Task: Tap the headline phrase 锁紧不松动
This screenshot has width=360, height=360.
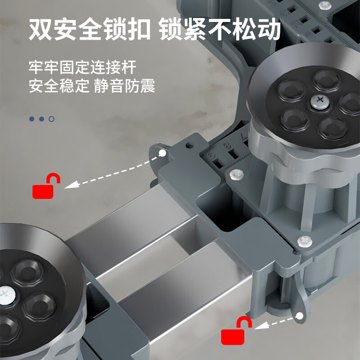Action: (220, 30)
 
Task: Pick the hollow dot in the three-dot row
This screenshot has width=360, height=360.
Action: (52, 119)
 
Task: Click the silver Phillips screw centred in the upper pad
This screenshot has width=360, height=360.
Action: (320, 101)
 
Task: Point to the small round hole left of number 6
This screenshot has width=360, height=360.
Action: (189, 146)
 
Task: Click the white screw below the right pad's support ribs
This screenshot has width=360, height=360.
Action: (305, 241)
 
